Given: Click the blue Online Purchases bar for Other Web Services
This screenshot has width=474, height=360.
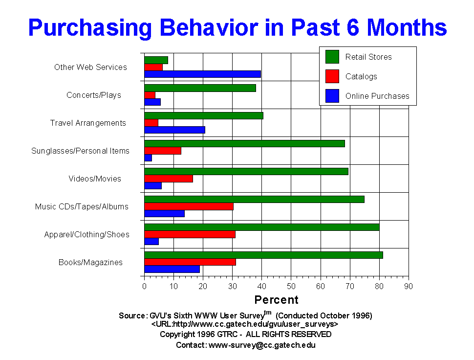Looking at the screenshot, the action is point(202,74).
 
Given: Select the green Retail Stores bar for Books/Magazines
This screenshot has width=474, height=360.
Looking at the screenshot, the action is point(263,255).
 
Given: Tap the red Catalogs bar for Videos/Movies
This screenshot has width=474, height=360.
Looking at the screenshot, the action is point(169,179).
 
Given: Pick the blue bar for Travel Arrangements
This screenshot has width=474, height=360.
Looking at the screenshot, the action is point(175,130).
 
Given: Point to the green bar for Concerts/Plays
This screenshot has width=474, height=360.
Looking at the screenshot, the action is point(200,88).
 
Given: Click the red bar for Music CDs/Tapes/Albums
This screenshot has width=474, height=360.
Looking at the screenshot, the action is point(189,206).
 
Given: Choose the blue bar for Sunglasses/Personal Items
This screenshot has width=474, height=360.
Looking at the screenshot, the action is point(148,158).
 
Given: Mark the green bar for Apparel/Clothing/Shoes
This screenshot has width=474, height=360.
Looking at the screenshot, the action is point(262,227).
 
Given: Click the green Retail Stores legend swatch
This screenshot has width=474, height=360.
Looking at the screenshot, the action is point(332,57).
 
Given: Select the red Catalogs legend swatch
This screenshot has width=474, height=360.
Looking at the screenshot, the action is point(332,76).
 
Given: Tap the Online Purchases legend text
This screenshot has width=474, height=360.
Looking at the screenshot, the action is point(377,96).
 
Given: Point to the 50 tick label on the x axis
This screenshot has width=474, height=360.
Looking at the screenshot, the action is point(291,287).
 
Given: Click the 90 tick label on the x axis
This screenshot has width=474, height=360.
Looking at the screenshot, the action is point(409,287).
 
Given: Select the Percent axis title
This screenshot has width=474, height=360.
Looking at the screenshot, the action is point(276,300).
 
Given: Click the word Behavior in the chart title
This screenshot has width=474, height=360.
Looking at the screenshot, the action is point(209,27).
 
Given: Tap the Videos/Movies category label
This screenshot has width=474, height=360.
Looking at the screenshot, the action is point(95,179).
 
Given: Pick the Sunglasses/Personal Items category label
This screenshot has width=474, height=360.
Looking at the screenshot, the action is point(81,151).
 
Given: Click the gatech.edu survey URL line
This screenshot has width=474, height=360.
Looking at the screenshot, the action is point(244,324).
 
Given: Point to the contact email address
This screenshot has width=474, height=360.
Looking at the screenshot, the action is point(262,345).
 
